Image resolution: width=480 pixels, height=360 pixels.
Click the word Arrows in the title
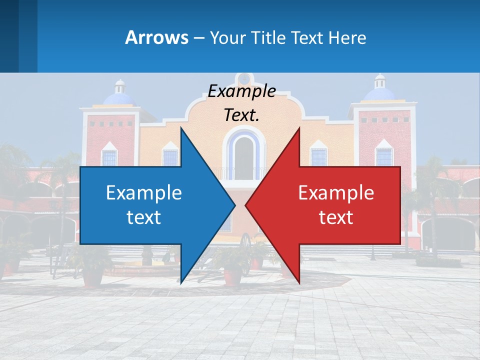[x=156, y=37]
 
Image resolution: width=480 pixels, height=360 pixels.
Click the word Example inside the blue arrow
[x=144, y=193]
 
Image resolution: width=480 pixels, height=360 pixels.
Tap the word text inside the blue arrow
[x=144, y=217]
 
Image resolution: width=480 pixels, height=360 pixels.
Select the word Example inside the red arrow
[x=336, y=193]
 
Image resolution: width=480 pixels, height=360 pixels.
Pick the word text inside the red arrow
[x=336, y=217]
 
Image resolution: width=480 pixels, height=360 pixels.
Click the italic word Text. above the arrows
[x=241, y=115]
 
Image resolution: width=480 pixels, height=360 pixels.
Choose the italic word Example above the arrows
[x=241, y=91]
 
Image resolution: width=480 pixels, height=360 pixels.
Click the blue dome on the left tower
[x=119, y=97]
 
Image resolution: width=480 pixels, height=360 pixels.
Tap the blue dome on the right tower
[x=379, y=93]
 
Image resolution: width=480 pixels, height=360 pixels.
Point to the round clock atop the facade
[x=244, y=78]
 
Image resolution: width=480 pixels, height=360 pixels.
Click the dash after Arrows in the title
[x=198, y=38]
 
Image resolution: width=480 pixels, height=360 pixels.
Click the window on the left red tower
[x=109, y=156]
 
